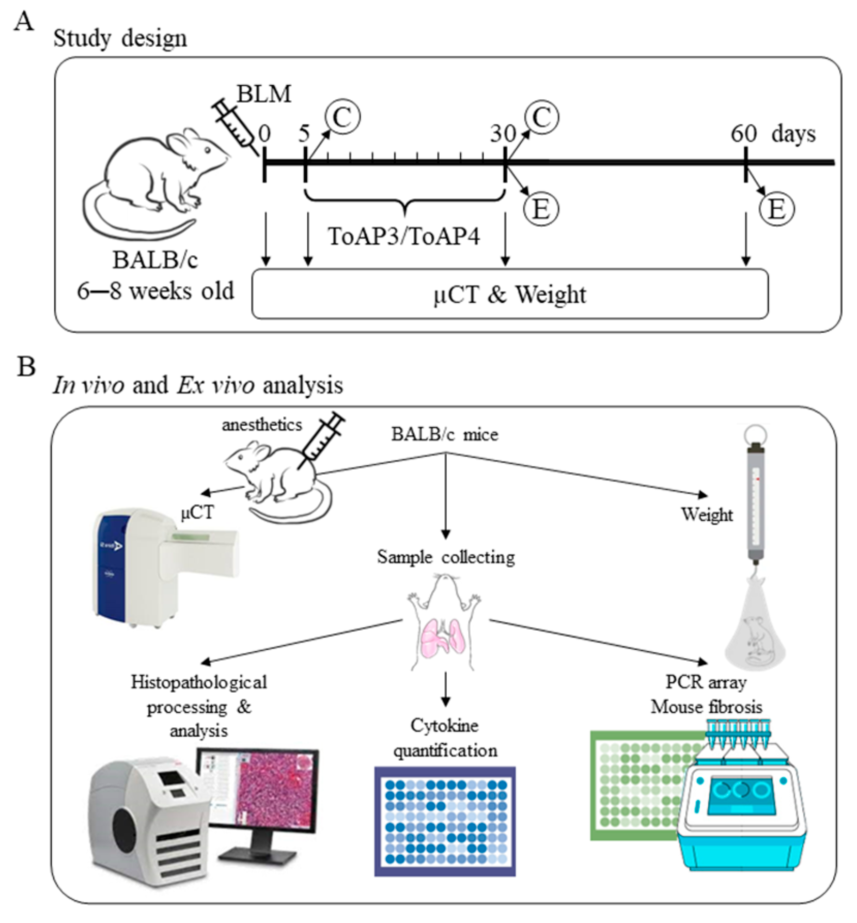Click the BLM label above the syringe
(x=263, y=95)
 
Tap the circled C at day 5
(x=342, y=117)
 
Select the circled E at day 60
(x=776, y=209)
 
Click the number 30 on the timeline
(x=503, y=134)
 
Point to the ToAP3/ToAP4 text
(x=403, y=237)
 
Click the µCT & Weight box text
(x=509, y=295)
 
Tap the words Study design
(x=120, y=39)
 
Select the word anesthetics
(x=261, y=425)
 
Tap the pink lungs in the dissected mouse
(x=443, y=638)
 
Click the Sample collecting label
(x=445, y=557)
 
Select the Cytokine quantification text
(x=445, y=738)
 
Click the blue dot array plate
(x=445, y=821)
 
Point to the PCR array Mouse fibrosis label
(x=706, y=694)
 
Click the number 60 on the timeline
(x=743, y=134)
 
